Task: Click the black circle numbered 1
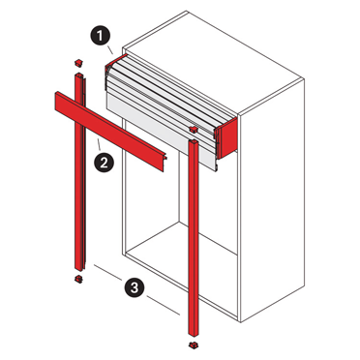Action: pos(101,36)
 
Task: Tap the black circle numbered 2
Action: pos(104,164)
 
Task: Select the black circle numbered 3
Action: pos(135,286)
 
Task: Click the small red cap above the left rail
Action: pos(78,63)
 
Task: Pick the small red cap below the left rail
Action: pos(78,279)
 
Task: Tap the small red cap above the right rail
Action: pos(194,130)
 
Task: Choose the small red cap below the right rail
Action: pos(193,345)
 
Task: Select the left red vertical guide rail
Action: pos(79,172)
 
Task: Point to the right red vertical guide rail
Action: pos(194,239)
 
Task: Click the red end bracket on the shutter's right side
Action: pos(227,138)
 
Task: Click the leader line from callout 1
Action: pos(109,50)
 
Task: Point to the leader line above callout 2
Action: pos(99,145)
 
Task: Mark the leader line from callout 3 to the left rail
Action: pos(107,272)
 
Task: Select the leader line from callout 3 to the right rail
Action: pos(164,305)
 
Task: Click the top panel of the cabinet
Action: pos(213,61)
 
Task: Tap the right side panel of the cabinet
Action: pos(271,200)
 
